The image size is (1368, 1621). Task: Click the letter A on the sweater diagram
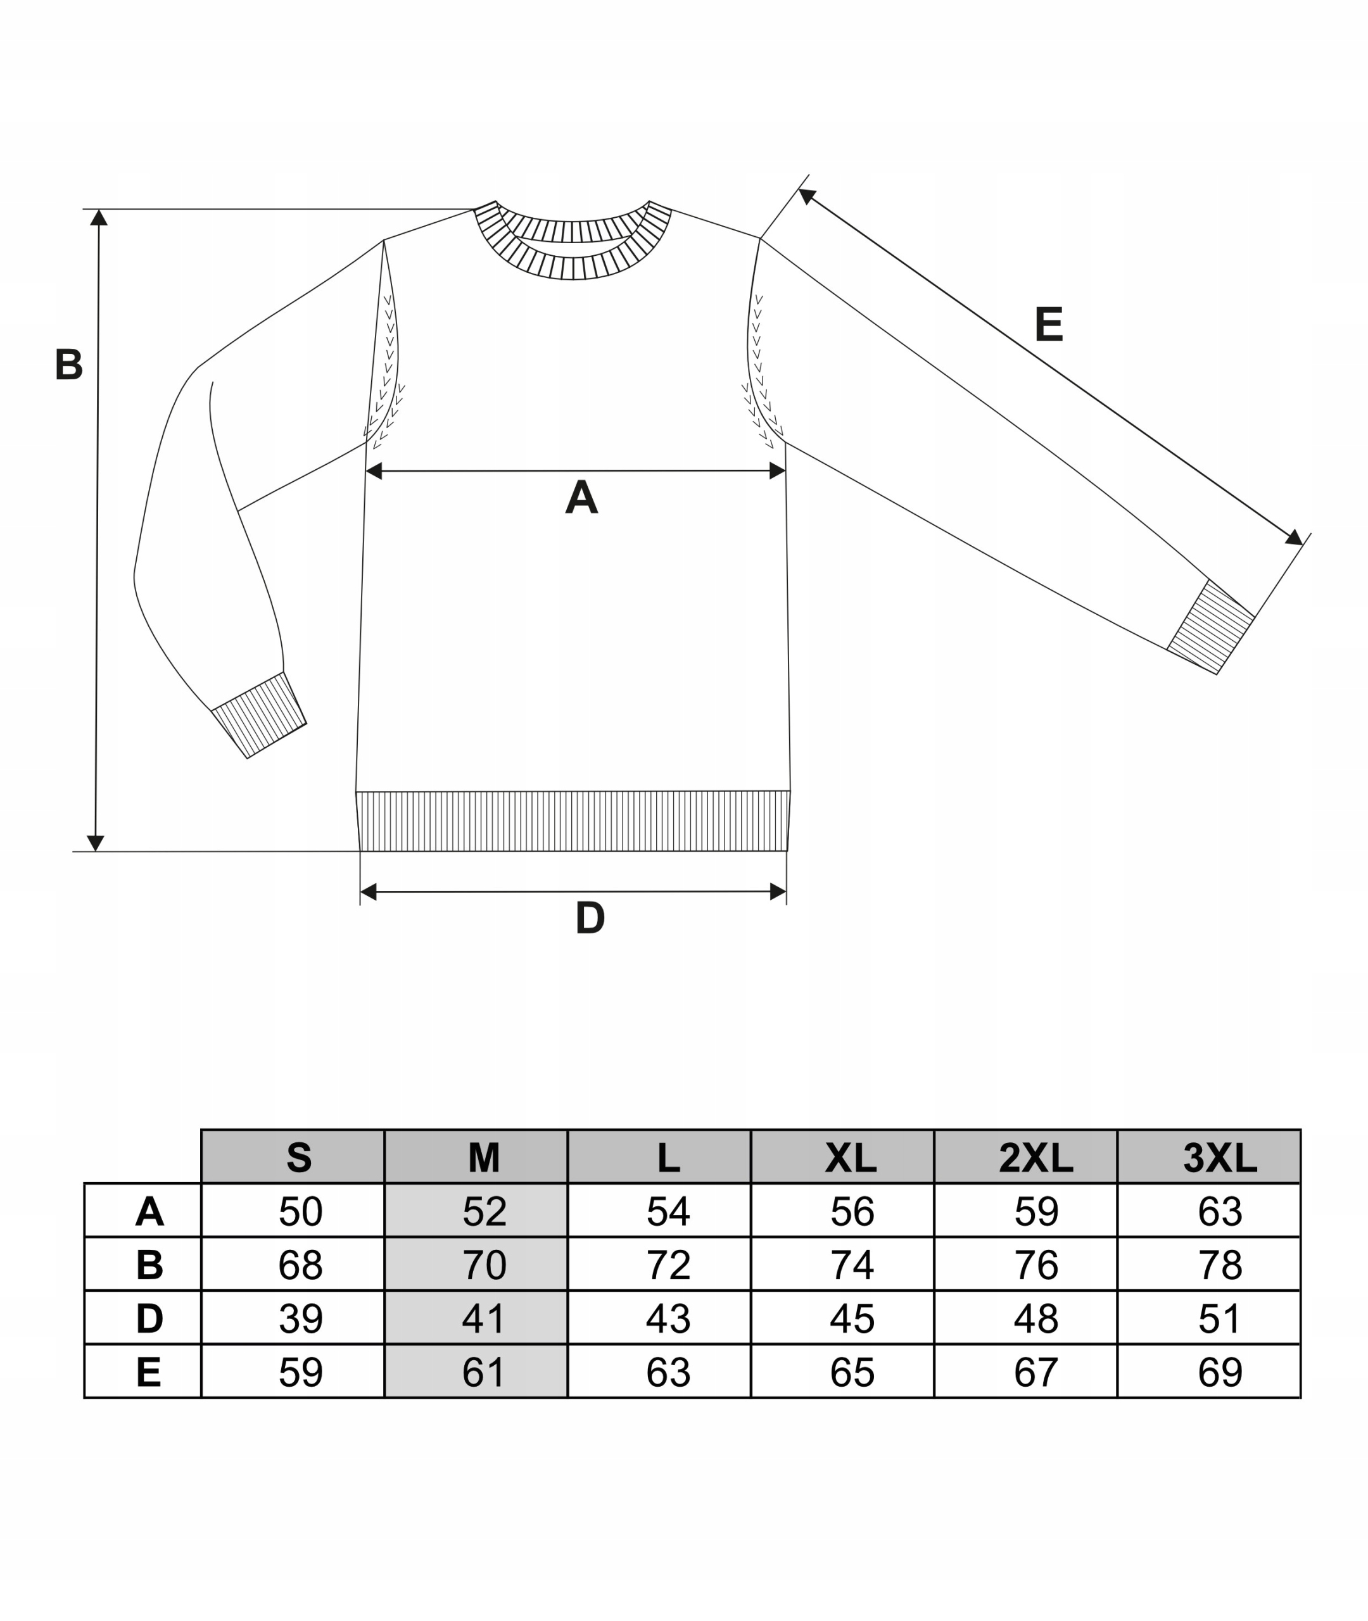click(x=581, y=497)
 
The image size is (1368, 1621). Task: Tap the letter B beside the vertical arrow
click(x=68, y=363)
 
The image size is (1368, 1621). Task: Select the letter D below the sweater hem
click(x=590, y=918)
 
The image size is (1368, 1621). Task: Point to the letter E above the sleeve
click(x=1049, y=324)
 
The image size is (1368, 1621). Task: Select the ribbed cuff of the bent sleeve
click(x=259, y=715)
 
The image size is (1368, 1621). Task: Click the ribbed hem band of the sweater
click(x=573, y=821)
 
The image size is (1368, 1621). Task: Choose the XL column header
click(x=851, y=1158)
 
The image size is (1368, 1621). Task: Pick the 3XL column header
click(x=1219, y=1158)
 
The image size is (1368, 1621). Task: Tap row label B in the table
click(x=149, y=1265)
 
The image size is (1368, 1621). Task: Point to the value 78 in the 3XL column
click(x=1220, y=1265)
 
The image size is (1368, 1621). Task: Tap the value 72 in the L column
click(x=668, y=1265)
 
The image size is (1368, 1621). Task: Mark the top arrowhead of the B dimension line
click(x=99, y=218)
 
